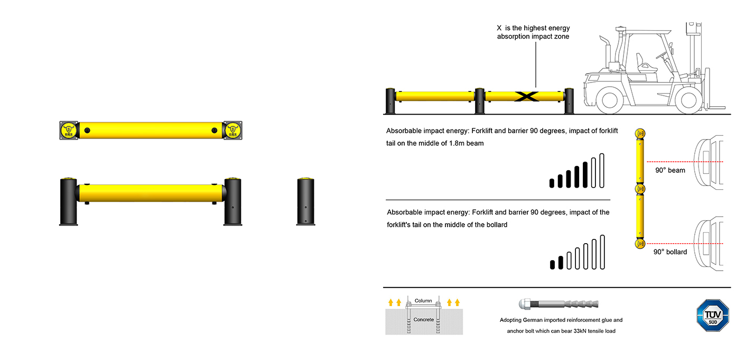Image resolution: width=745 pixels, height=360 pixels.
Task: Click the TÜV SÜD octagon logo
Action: point(713,316)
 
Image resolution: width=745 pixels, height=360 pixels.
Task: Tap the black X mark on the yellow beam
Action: point(526,96)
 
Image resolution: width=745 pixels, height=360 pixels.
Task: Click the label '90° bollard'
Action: point(670,252)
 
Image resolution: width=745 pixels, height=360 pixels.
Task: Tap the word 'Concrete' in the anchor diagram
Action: point(423,320)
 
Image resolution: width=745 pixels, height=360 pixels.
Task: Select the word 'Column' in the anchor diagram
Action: point(423,301)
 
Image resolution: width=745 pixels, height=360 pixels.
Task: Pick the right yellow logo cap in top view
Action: point(232,130)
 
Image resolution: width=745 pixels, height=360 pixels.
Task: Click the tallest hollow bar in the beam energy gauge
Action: point(601,170)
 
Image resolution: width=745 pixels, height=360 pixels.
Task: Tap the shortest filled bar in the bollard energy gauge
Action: point(553,264)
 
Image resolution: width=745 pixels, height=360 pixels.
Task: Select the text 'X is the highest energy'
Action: point(533,28)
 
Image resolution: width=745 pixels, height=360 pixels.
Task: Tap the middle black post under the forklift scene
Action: point(479,100)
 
